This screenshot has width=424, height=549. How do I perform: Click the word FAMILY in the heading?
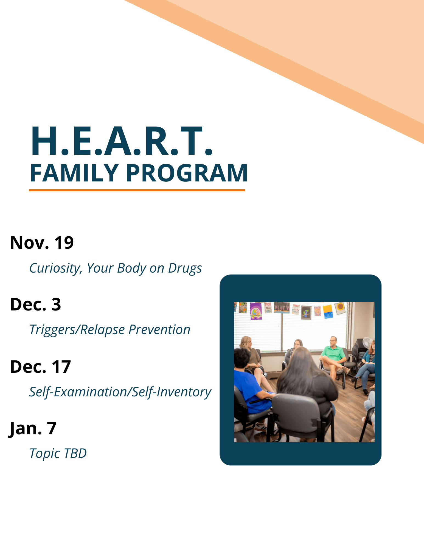click(74, 173)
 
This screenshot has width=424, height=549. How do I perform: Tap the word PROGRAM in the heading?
click(187, 173)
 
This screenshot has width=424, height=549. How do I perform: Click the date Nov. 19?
click(42, 243)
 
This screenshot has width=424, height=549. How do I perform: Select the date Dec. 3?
click(35, 304)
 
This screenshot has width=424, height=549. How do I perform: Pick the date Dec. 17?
click(40, 367)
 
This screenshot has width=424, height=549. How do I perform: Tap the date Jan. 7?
click(33, 428)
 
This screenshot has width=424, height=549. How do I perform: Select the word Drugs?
click(185, 268)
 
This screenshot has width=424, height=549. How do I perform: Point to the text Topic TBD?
click(58, 453)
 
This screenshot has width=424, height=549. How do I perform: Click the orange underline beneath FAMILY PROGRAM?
click(137, 190)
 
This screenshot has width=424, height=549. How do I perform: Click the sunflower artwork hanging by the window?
click(340, 308)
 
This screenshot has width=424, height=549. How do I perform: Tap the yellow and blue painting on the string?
click(328, 311)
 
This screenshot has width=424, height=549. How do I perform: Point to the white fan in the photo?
click(367, 343)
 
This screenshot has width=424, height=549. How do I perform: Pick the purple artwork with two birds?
click(256, 311)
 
